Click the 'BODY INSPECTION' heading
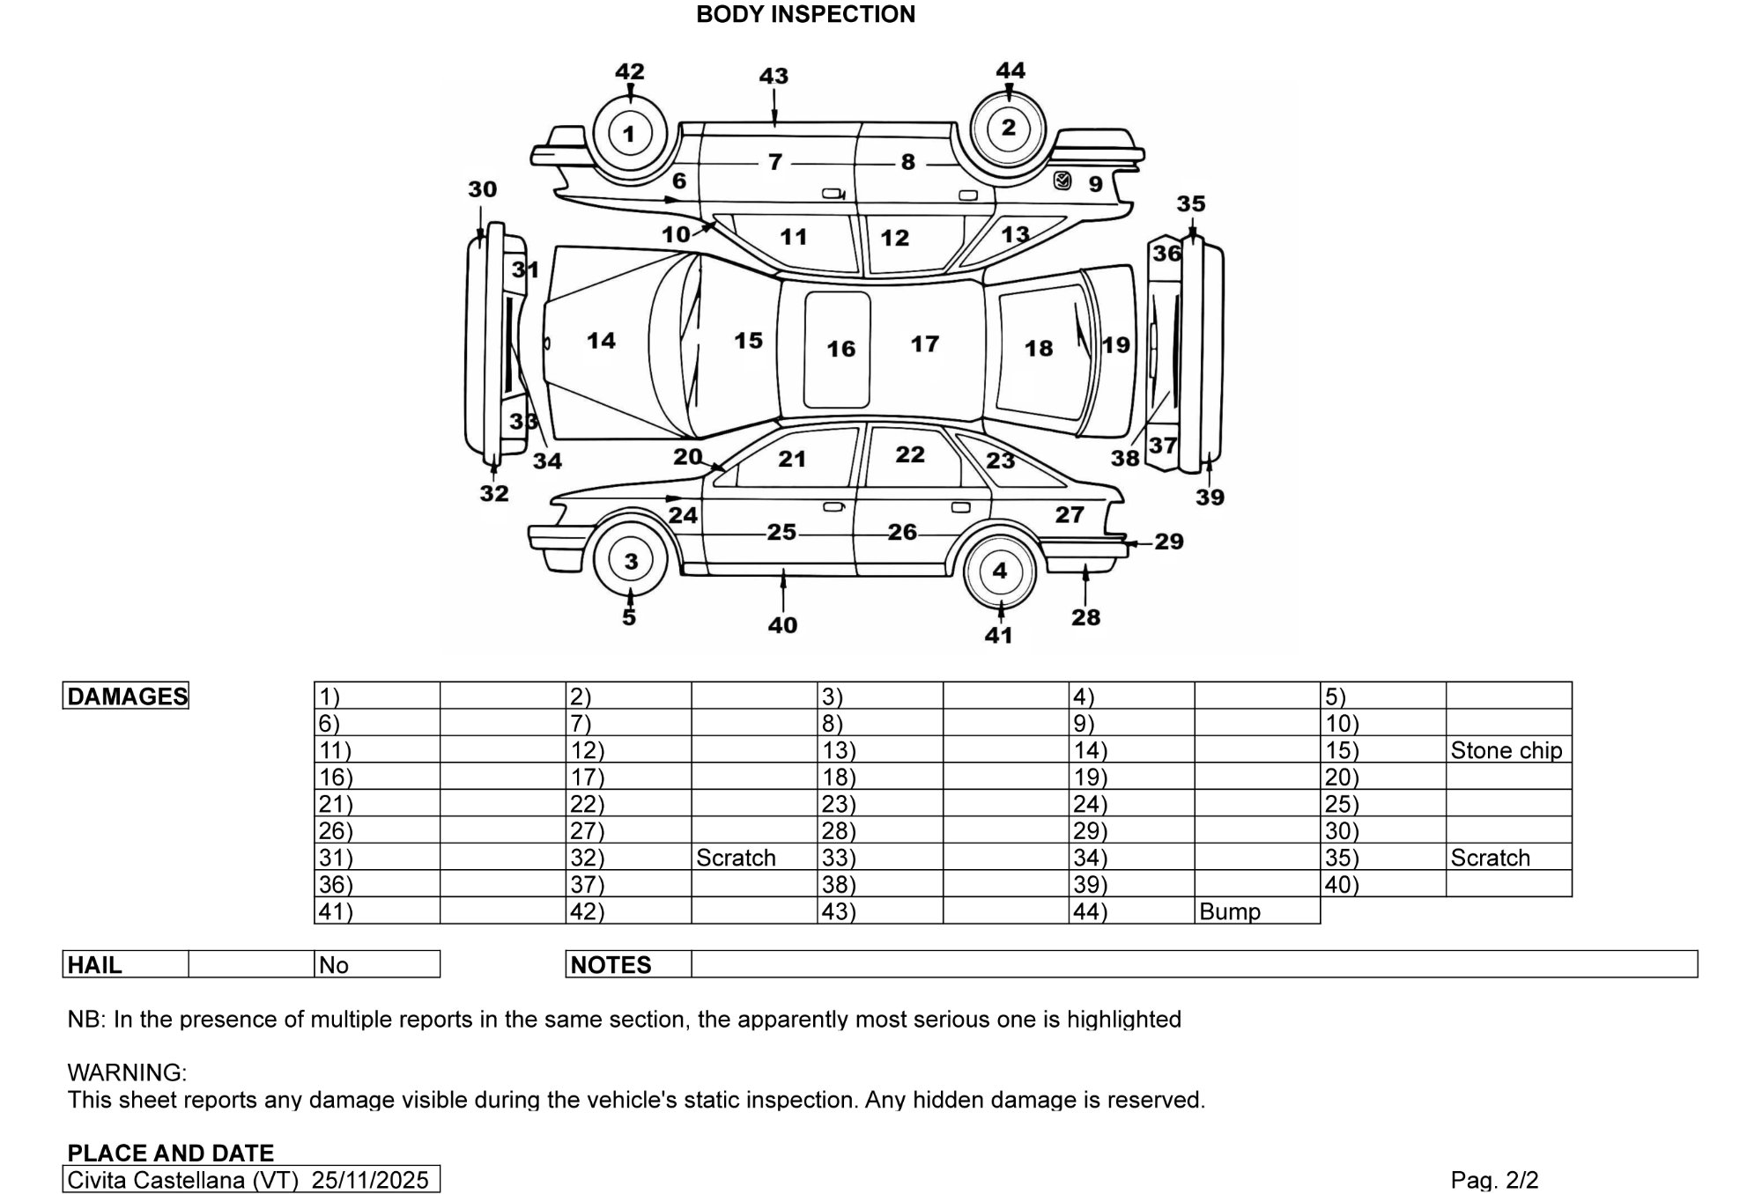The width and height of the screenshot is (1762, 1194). pos(805,14)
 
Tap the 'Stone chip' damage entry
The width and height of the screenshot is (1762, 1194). pos(1506,750)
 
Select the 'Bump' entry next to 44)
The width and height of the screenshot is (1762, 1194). pos(1229,911)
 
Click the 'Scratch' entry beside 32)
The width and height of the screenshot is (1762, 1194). pos(736,858)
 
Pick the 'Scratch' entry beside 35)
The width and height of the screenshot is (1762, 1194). pos(1490,858)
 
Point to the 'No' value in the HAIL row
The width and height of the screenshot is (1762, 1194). pos(334,965)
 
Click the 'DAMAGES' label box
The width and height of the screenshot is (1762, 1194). pos(127,696)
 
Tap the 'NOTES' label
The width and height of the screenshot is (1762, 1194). pos(611,965)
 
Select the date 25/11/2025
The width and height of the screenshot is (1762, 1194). pos(370,1180)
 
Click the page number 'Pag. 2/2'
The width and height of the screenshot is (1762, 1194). pos(1494,1180)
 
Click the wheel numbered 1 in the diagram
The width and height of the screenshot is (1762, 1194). pos(628,134)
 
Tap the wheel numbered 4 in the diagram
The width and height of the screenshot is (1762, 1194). pos(999,571)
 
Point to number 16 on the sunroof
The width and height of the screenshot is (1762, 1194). pos(840,349)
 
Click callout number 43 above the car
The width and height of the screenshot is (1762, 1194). pos(774,76)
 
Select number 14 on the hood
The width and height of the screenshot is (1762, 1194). pos(601,341)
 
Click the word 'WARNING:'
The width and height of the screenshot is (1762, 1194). pos(127,1072)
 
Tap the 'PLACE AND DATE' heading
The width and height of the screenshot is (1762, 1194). pos(171,1153)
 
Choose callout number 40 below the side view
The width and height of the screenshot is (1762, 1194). pos(782,625)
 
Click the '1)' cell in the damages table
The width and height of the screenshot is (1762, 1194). pos(329,696)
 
